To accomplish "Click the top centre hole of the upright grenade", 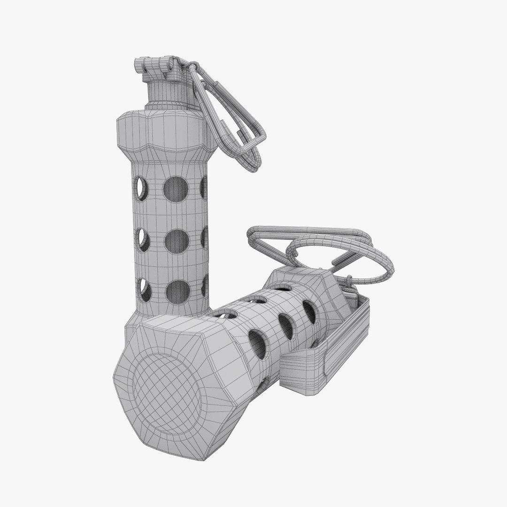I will click(x=176, y=190).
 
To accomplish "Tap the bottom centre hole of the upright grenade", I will click(x=178, y=291).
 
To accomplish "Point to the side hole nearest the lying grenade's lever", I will click(x=309, y=311).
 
